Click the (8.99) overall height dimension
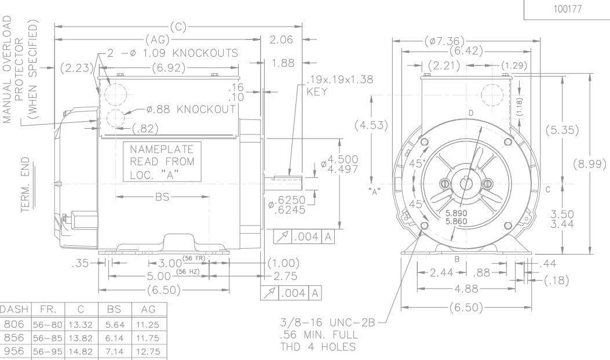(590, 164)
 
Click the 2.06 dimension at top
(282, 40)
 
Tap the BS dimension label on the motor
(162, 197)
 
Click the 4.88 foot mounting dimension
(462, 288)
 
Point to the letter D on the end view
(471, 112)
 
